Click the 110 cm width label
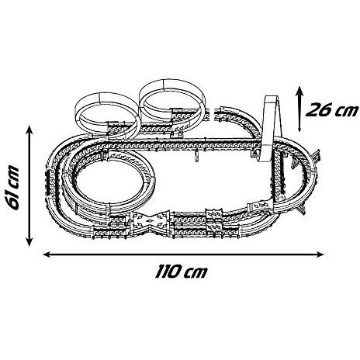pyautogui.click(x=181, y=272)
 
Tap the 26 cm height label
pyautogui.click(x=332, y=110)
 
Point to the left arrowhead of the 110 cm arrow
pyautogui.click(x=47, y=254)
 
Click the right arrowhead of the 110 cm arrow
pyautogui.click(x=320, y=254)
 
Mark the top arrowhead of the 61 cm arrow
pyautogui.click(x=29, y=130)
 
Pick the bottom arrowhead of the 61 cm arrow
pyautogui.click(x=29, y=242)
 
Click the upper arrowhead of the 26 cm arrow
pyautogui.click(x=299, y=91)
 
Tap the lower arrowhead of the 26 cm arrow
pyautogui.click(x=299, y=129)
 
